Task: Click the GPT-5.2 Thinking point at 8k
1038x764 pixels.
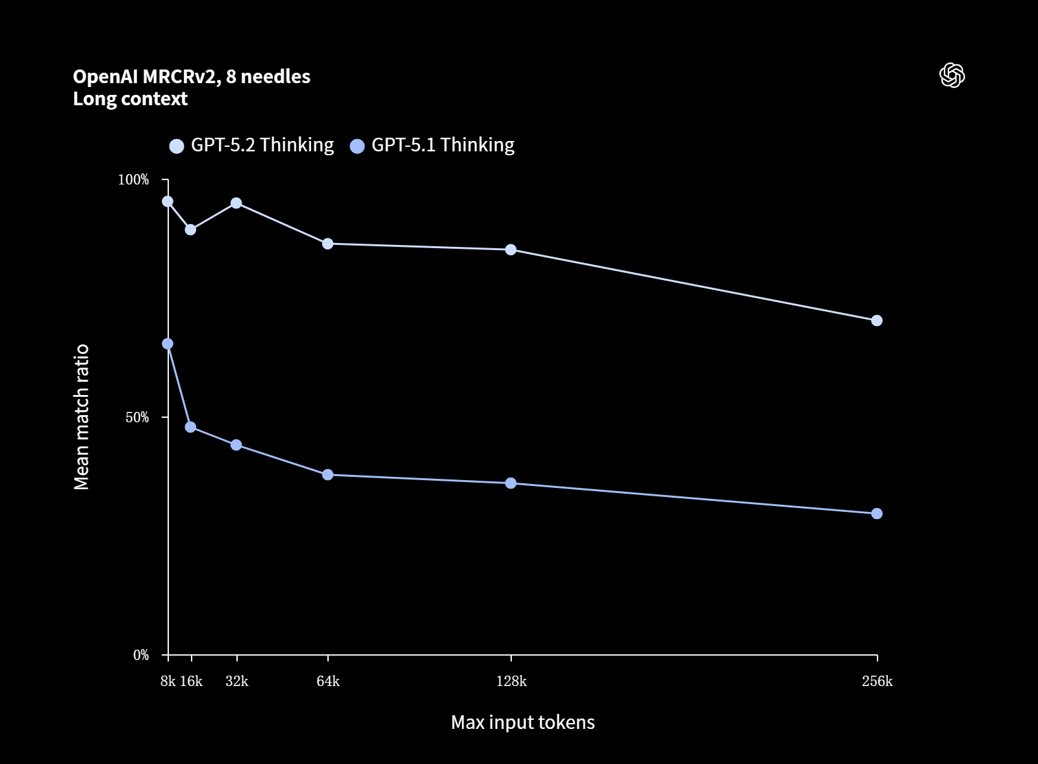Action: point(168,201)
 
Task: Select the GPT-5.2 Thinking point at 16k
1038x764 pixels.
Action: point(190,229)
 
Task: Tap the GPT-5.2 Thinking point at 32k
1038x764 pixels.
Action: point(236,203)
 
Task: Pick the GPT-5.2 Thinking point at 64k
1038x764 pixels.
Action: point(328,244)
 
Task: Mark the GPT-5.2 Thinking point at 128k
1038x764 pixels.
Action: point(511,249)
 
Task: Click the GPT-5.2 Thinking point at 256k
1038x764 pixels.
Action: point(877,320)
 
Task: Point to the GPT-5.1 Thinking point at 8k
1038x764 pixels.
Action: point(168,344)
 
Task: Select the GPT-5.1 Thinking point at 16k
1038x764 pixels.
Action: point(190,427)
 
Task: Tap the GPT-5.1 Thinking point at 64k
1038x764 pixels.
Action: point(328,475)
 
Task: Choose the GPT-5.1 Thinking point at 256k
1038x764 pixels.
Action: point(877,513)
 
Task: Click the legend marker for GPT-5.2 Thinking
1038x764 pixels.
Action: point(177,146)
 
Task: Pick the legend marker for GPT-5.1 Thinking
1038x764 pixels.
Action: point(357,146)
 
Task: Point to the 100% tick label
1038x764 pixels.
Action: point(133,180)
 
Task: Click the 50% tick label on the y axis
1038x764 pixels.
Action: point(137,417)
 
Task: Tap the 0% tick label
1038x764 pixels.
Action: point(141,655)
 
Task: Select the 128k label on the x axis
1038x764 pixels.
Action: point(511,681)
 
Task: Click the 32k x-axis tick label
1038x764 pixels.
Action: point(236,681)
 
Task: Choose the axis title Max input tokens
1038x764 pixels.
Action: point(523,722)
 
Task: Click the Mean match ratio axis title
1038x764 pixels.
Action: point(82,417)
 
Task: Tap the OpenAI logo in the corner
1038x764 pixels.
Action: point(952,75)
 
